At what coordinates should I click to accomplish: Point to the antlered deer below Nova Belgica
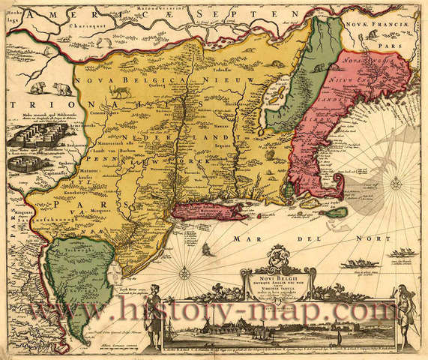pyautogui.click(x=118, y=92)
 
